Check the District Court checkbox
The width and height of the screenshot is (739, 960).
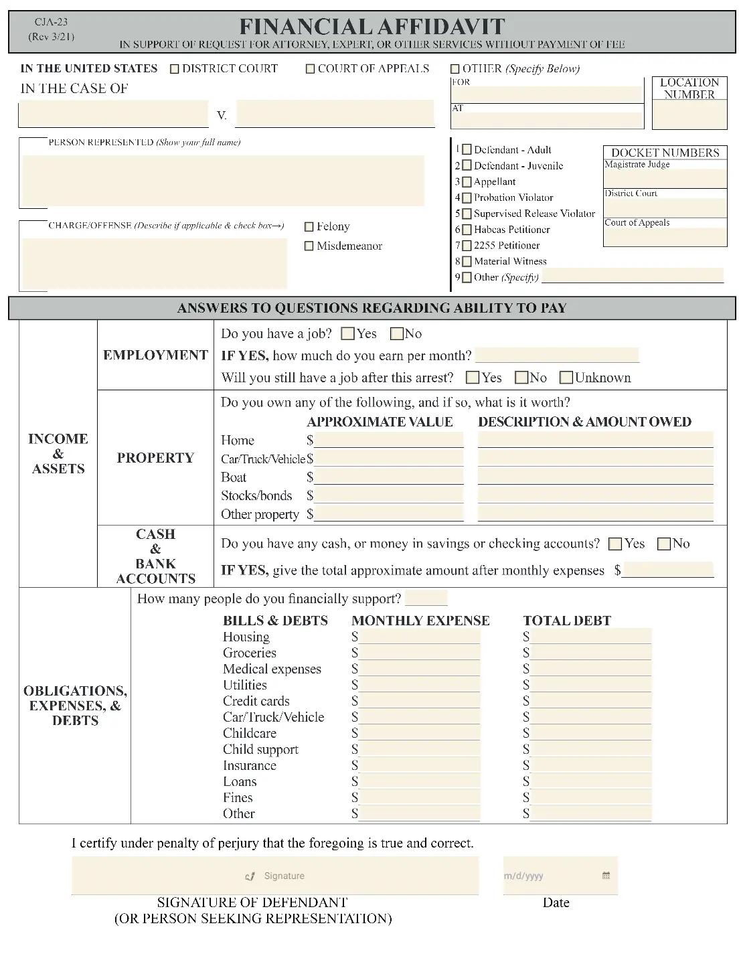(175, 69)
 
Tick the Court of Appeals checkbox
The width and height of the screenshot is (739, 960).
(310, 69)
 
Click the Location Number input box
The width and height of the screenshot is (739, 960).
(689, 114)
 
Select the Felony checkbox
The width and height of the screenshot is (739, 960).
(309, 227)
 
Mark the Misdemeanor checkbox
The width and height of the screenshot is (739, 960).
(309, 246)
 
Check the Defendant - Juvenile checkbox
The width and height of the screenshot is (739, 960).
(467, 166)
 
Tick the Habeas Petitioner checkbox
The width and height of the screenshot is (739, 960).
(467, 230)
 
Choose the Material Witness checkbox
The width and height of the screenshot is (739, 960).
(467, 262)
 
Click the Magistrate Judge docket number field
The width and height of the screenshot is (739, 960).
(665, 179)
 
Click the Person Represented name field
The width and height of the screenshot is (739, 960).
(224, 181)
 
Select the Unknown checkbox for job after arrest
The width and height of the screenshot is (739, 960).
(566, 378)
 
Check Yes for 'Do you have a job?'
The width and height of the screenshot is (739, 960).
(347, 333)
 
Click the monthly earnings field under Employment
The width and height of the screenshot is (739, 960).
(556, 355)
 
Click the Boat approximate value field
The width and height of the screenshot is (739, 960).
(388, 477)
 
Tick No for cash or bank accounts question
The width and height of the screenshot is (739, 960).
(664, 544)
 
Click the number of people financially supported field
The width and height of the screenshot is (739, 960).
(426, 598)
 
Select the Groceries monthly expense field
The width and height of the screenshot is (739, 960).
(419, 653)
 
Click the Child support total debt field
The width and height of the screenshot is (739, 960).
(590, 749)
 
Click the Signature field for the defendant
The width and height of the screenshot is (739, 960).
(275, 876)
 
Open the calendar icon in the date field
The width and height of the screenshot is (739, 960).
(606, 876)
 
